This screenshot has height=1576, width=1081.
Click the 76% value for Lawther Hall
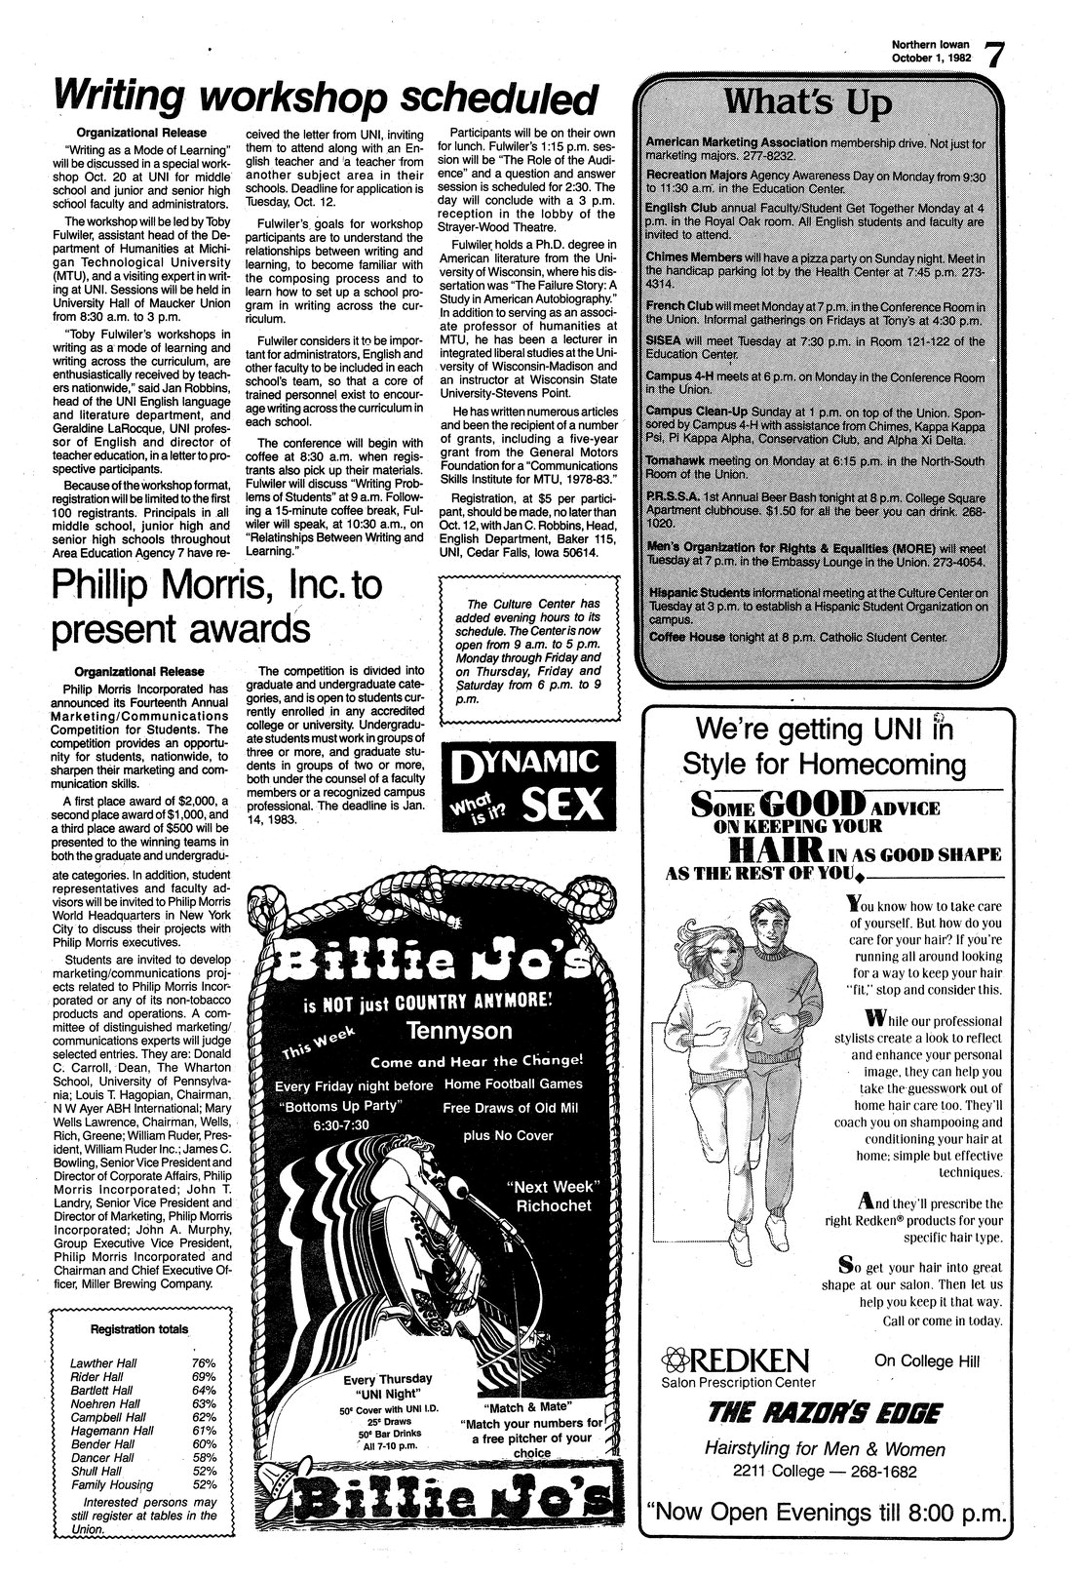[x=204, y=1362]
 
